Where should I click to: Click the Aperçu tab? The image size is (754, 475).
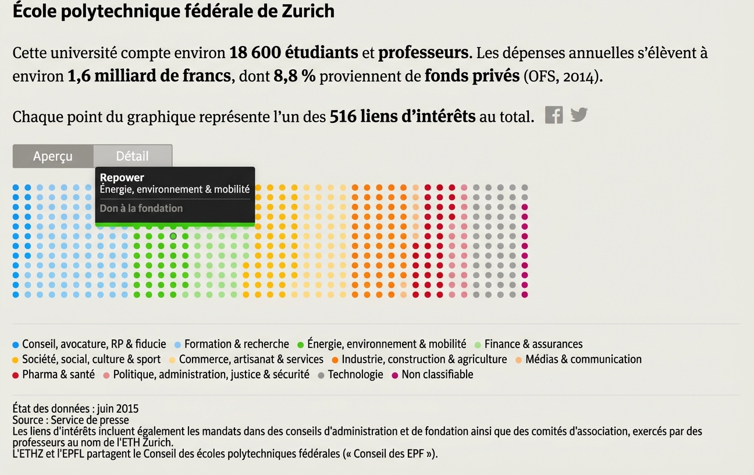pos(53,157)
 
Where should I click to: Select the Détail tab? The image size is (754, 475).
pos(133,157)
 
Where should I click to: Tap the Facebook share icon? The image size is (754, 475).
pos(554,115)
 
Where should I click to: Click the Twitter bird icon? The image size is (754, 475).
pos(578,115)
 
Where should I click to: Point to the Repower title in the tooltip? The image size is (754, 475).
pos(122,178)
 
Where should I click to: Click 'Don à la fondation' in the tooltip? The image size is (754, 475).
pos(141,208)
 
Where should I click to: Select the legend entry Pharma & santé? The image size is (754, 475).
pos(58,375)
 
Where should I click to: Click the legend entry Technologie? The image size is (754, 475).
pos(355,375)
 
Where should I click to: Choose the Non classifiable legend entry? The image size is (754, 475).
pos(437,375)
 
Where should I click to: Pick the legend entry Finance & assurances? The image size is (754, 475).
pos(533,345)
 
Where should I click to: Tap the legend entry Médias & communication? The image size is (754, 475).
pos(583,360)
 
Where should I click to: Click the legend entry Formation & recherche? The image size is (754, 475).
pos(236,345)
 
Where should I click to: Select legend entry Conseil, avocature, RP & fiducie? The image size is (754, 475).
pos(94,345)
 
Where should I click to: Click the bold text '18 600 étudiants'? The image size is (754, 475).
pos(294,53)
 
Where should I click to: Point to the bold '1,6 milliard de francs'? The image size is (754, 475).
pos(150,76)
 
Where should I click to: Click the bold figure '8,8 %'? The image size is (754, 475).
pos(294,76)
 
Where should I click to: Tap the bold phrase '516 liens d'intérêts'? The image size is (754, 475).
pos(403,117)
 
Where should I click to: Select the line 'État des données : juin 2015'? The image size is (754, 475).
pos(76,409)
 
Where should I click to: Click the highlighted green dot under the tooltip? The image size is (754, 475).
pos(173,236)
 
